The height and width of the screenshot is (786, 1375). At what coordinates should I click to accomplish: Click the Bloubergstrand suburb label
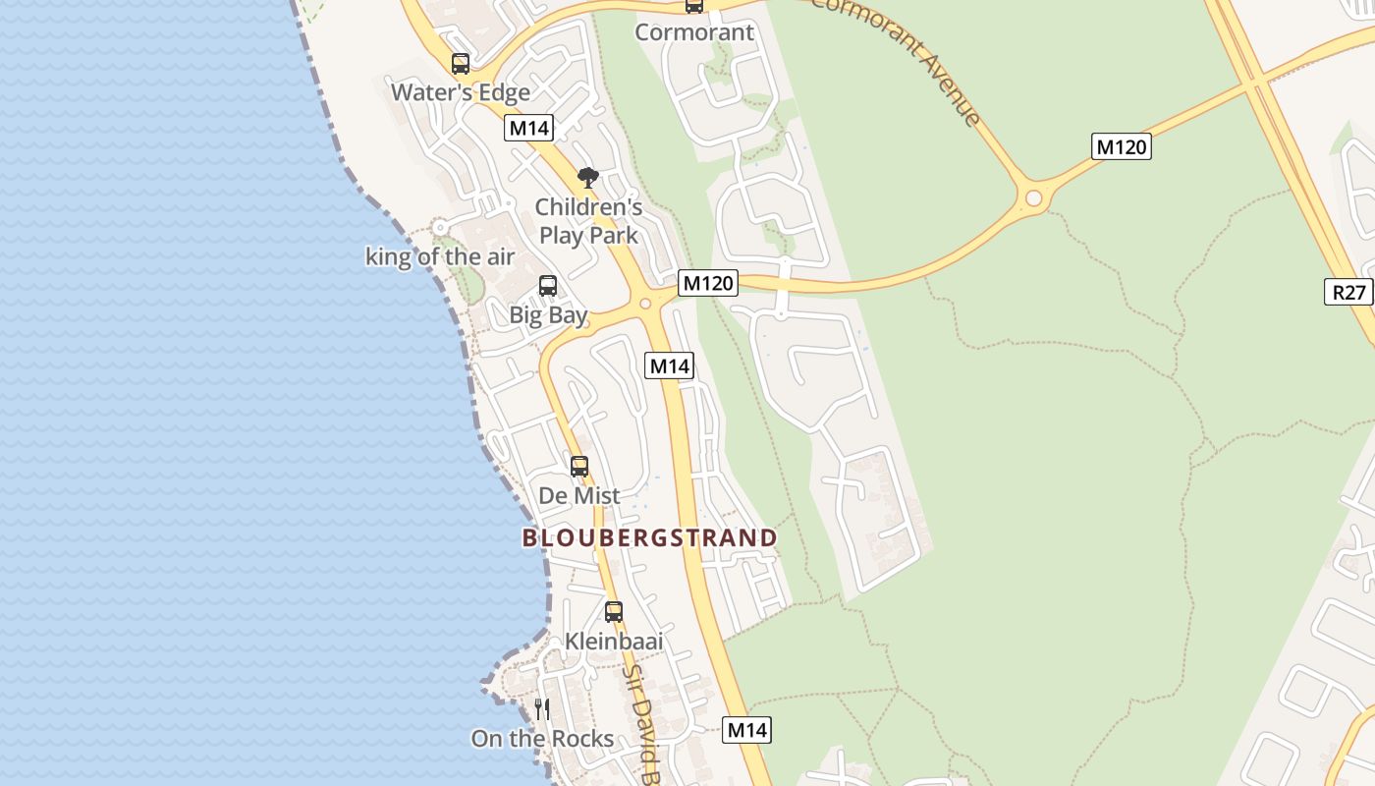649,537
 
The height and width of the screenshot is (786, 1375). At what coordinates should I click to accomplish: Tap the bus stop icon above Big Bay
548,286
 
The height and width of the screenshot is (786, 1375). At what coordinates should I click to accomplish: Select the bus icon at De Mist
579,466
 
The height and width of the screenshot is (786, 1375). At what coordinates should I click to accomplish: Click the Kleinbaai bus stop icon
614,611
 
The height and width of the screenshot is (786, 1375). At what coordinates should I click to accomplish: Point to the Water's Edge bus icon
461,64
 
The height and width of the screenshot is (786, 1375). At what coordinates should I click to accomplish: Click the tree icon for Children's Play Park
588,178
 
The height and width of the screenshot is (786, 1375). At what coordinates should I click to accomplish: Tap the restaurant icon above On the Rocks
542,708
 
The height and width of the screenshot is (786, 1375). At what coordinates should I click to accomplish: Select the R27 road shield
1348,292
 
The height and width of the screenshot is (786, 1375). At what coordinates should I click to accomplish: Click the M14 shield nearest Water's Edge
529,128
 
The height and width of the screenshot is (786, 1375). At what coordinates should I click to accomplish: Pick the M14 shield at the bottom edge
746,730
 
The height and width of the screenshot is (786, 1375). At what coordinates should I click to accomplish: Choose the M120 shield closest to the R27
1121,147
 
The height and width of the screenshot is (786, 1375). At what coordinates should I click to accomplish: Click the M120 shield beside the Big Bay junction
707,283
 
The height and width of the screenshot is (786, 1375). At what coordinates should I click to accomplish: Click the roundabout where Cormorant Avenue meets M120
1033,198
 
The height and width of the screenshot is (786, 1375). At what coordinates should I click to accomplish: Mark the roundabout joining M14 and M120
645,304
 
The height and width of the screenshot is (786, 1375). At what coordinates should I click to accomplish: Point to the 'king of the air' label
440,257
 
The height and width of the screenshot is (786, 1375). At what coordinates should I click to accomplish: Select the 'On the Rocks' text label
542,739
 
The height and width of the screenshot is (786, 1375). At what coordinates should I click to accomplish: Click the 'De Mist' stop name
579,496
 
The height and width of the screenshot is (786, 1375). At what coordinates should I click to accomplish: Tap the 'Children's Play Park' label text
588,221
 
